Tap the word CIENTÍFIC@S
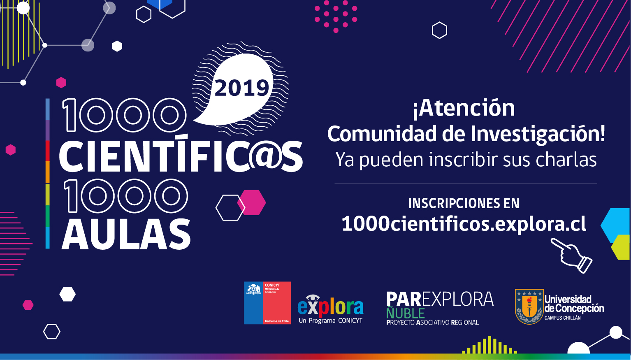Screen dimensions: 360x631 tap(181, 157)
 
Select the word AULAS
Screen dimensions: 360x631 tap(126, 235)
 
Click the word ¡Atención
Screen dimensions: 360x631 tap(464, 108)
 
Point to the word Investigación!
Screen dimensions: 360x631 tap(538, 134)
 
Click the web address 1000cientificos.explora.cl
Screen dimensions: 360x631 tap(464, 224)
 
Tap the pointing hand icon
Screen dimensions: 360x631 tap(572, 255)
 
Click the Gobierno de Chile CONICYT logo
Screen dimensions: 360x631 tap(267, 303)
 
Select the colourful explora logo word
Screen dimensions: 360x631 tap(330, 307)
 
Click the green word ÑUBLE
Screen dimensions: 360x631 tap(405, 313)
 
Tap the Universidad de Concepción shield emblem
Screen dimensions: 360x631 tap(529, 307)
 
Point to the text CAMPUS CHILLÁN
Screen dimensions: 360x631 tap(562, 318)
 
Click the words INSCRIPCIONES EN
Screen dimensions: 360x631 tap(464, 204)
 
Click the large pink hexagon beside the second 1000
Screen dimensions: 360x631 tap(252, 202)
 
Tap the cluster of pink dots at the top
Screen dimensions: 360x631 tap(336, 16)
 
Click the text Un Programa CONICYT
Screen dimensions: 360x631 tap(330, 321)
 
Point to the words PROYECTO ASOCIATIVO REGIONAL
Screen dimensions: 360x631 tap(432, 323)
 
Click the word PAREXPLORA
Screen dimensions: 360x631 tap(440, 299)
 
